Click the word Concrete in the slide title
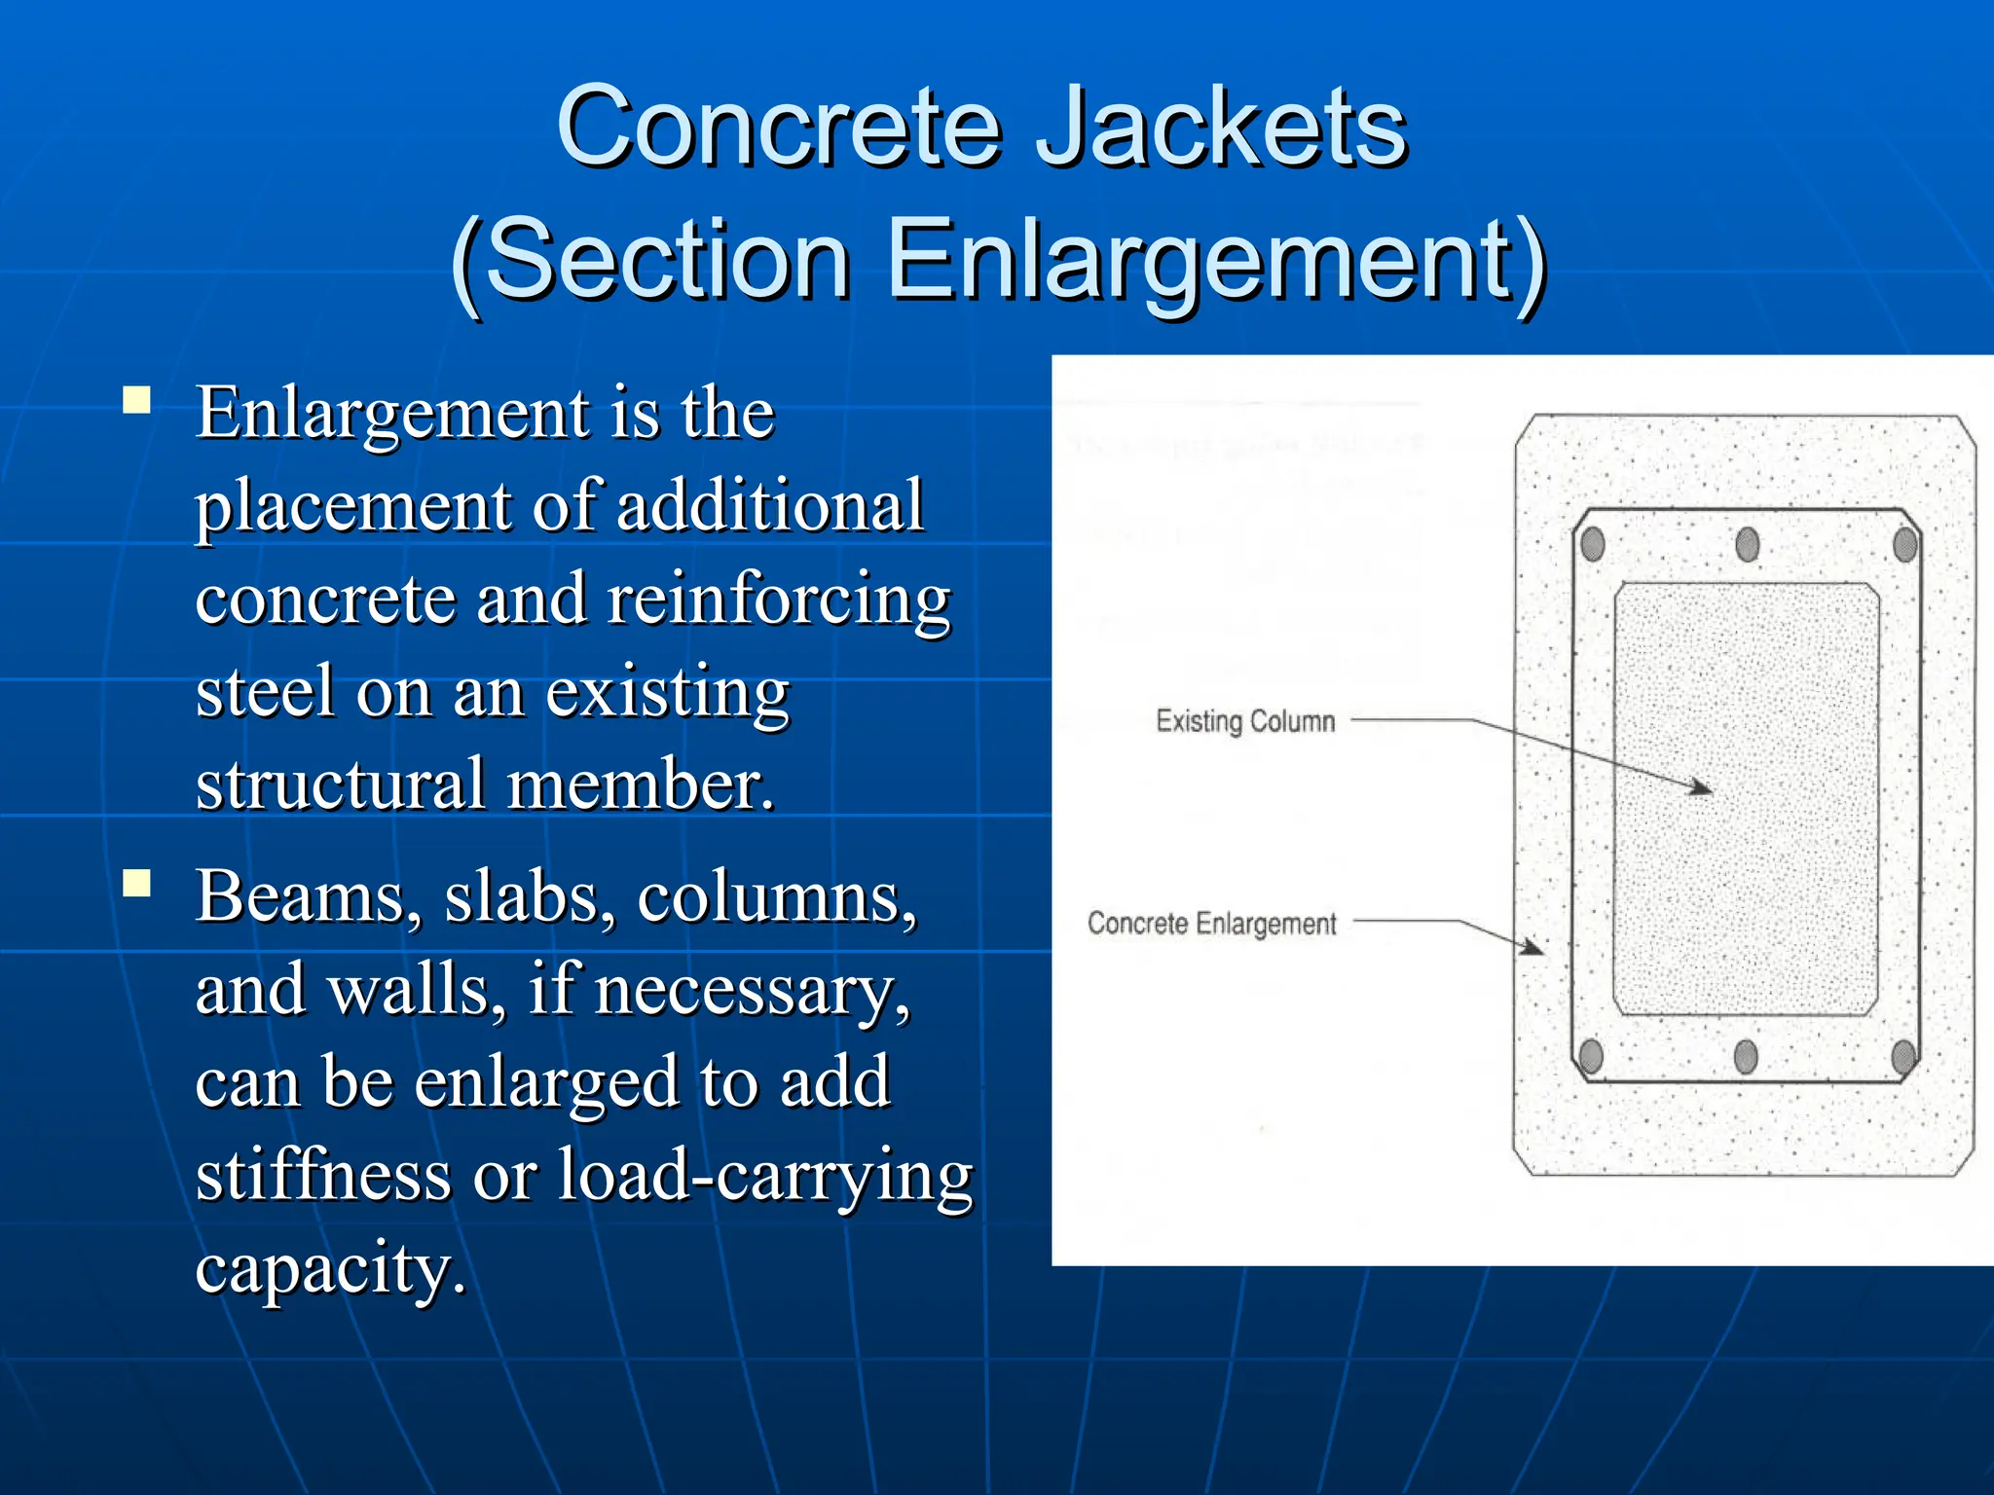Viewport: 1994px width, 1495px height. click(779, 127)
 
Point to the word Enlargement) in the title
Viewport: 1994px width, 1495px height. click(1217, 259)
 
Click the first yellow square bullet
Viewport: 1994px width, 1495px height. click(137, 401)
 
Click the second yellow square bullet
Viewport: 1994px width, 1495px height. click(137, 883)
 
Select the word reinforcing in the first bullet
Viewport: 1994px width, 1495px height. click(779, 598)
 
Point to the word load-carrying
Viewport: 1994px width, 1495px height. click(765, 1174)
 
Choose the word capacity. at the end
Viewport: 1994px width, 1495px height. click(330, 1267)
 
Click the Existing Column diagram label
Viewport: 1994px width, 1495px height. click(1245, 721)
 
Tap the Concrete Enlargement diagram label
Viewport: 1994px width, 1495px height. click(1211, 923)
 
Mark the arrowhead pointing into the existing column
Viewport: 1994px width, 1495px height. click(1701, 787)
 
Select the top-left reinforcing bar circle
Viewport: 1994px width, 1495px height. click(1593, 544)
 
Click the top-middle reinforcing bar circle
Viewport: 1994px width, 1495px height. click(1748, 544)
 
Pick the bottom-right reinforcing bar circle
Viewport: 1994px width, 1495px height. click(1903, 1056)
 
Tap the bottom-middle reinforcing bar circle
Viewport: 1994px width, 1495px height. click(1747, 1056)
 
